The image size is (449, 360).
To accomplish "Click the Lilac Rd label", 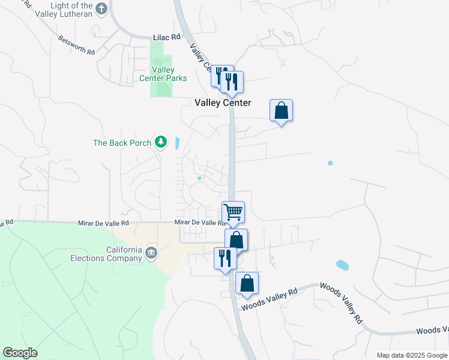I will point(166,37).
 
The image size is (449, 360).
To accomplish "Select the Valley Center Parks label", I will point(163,74).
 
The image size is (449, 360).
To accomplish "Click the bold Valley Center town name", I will point(223,103).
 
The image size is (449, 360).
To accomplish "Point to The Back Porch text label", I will point(122,143).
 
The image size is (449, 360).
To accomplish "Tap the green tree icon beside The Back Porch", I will point(160,142).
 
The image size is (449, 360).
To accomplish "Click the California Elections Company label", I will point(115,254).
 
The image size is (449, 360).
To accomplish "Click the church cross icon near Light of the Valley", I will point(101,8).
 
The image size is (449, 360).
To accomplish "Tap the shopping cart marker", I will point(233,212).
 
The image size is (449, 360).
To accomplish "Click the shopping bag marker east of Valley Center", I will point(281,110).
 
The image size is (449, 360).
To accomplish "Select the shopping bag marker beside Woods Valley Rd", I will point(247,283).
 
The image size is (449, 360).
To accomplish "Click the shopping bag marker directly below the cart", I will point(237,240).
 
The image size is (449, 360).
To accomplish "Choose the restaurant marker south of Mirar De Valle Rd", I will point(225,258).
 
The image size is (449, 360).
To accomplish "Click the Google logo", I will point(20,353).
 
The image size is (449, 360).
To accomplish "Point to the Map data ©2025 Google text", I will point(412,355).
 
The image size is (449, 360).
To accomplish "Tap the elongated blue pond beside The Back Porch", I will point(177,143).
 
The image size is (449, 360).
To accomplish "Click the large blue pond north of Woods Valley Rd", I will point(342,265).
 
